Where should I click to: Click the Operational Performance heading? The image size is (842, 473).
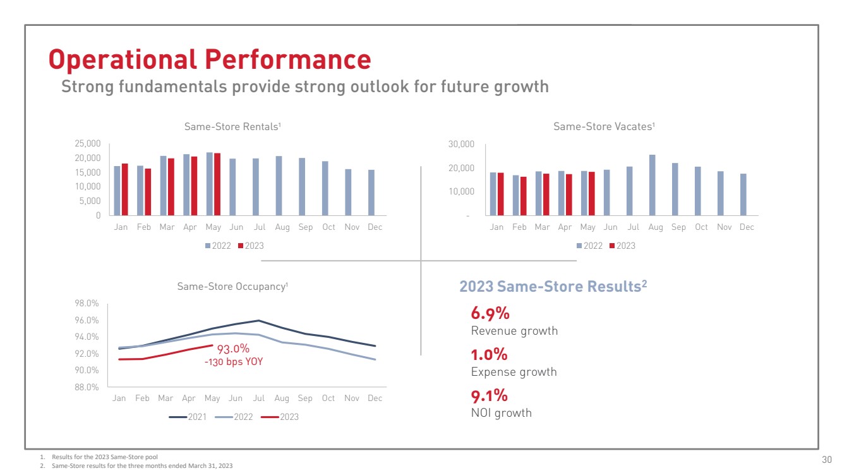click(x=210, y=60)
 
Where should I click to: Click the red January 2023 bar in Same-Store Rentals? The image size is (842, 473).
click(x=125, y=189)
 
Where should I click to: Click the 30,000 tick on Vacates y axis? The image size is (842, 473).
click(x=460, y=145)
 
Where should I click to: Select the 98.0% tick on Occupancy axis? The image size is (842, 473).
click(x=87, y=303)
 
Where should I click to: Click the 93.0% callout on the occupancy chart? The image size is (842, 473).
click(x=233, y=349)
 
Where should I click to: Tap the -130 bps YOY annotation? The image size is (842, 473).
click(x=233, y=362)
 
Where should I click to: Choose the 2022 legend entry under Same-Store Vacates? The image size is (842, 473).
click(x=589, y=246)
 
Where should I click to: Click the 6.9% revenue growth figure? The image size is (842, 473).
click(x=490, y=313)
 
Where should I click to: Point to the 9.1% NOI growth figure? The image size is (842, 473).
click(x=490, y=396)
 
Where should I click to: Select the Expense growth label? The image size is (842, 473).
click(x=514, y=372)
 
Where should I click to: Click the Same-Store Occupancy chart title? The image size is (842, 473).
click(x=232, y=287)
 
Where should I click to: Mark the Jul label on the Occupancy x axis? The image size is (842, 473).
click(x=258, y=398)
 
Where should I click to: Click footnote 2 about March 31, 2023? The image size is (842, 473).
click(x=136, y=465)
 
